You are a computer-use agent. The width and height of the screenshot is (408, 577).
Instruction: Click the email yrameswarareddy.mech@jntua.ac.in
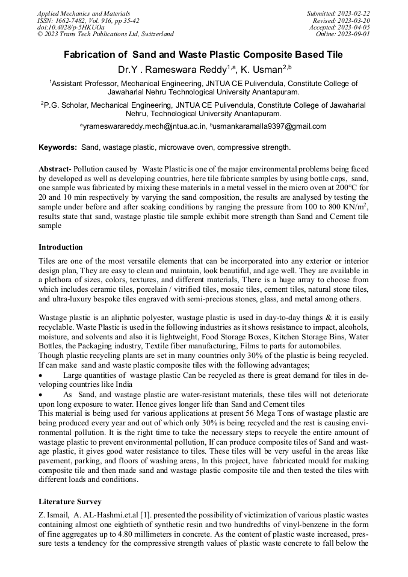click(144, 126)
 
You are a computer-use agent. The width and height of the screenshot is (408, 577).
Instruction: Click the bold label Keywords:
click(58, 147)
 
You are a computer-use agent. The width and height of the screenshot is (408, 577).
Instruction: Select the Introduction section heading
click(61, 247)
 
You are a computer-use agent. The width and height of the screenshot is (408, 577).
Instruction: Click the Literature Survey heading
click(70, 501)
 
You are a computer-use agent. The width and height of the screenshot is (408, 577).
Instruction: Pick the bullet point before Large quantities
click(41, 375)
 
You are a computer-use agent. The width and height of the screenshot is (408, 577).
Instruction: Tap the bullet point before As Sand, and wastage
click(41, 394)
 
